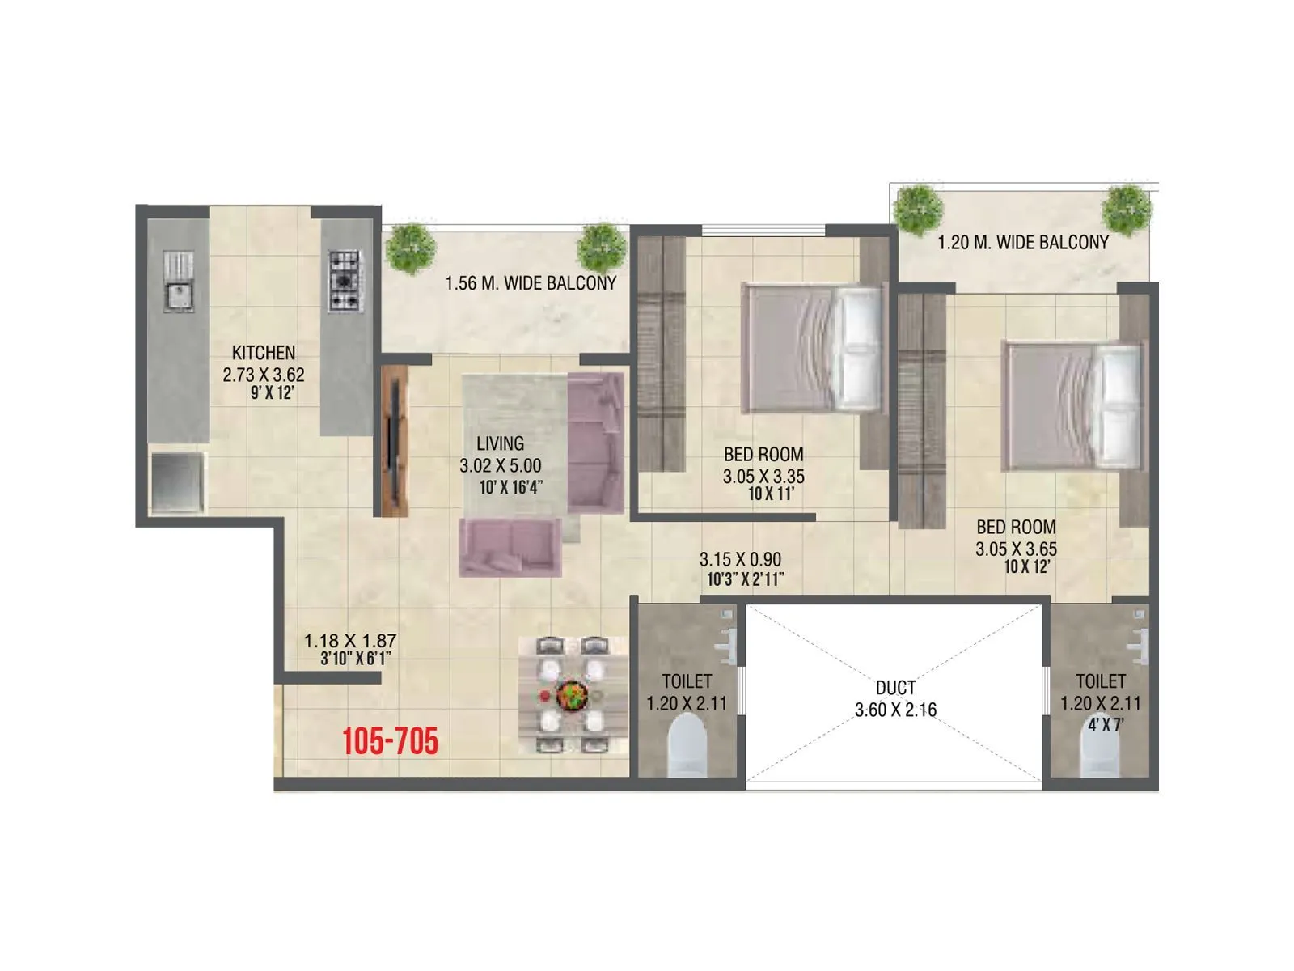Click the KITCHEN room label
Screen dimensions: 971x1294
click(x=264, y=353)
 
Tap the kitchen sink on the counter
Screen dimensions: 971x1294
click(x=178, y=281)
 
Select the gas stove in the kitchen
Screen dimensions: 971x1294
click(x=345, y=282)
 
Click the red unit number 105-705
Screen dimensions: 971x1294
click(x=390, y=741)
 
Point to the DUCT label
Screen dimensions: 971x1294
click(x=895, y=688)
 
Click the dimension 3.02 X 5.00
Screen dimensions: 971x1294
click(x=500, y=465)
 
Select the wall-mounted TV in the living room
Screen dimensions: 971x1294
click(x=394, y=441)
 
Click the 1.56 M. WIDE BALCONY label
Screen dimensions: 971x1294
click(x=531, y=283)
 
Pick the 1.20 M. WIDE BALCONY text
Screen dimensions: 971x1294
click(x=1022, y=242)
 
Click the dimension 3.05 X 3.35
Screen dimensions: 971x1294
click(x=763, y=477)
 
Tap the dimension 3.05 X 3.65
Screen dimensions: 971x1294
click(x=1016, y=549)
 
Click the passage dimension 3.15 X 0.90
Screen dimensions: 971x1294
click(x=740, y=559)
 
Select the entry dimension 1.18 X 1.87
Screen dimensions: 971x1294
click(x=350, y=641)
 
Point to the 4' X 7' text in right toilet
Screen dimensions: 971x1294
click(x=1105, y=725)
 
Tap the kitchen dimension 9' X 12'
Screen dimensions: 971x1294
click(x=272, y=393)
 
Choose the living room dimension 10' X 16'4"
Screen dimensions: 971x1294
click(x=510, y=487)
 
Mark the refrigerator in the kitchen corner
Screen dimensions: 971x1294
click(x=177, y=482)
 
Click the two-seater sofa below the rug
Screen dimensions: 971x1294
click(x=510, y=547)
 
